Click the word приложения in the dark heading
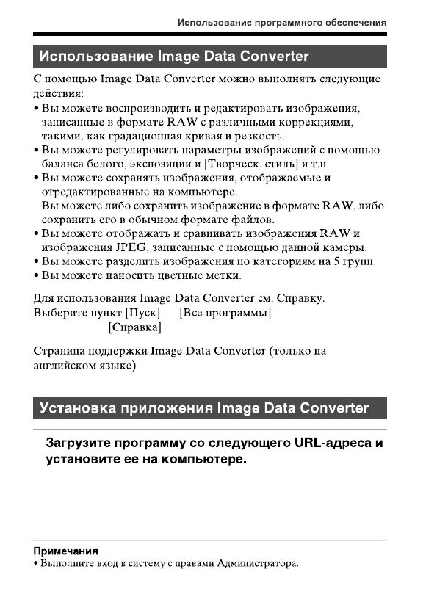click(x=167, y=408)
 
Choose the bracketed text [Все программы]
click(x=225, y=313)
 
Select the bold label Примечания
click(x=66, y=551)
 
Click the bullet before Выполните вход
click(x=37, y=565)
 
